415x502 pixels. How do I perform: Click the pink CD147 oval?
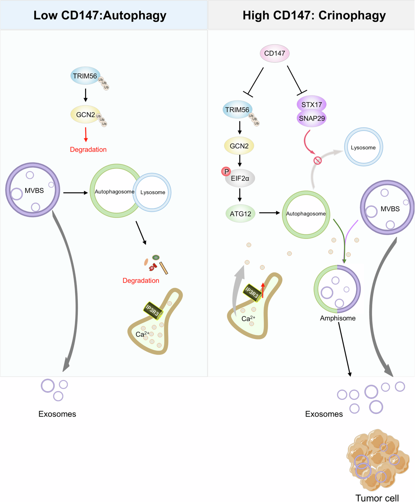click(275, 53)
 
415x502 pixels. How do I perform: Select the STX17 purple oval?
click(311, 104)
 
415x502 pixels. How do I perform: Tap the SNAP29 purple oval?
click(312, 118)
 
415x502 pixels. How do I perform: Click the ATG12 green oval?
click(240, 214)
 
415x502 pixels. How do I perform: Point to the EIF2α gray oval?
click(240, 179)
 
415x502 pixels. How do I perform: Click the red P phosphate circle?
click(226, 171)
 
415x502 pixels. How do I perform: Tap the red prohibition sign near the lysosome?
click(317, 160)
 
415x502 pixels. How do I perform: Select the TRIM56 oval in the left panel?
click(85, 76)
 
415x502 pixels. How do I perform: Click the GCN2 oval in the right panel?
click(239, 146)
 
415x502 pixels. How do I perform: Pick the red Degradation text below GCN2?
click(88, 150)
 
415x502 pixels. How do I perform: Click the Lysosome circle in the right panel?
click(363, 147)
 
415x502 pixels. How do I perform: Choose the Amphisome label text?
click(338, 318)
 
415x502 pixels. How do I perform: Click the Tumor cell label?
click(377, 498)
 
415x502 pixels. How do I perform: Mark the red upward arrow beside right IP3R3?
click(263, 290)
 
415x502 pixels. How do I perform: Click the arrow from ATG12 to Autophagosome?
click(269, 213)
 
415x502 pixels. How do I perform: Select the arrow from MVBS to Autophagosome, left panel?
click(75, 192)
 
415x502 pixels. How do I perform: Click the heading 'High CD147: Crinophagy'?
click(314, 15)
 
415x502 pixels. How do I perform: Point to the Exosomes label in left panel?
click(57, 414)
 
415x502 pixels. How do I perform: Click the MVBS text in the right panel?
click(390, 209)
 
